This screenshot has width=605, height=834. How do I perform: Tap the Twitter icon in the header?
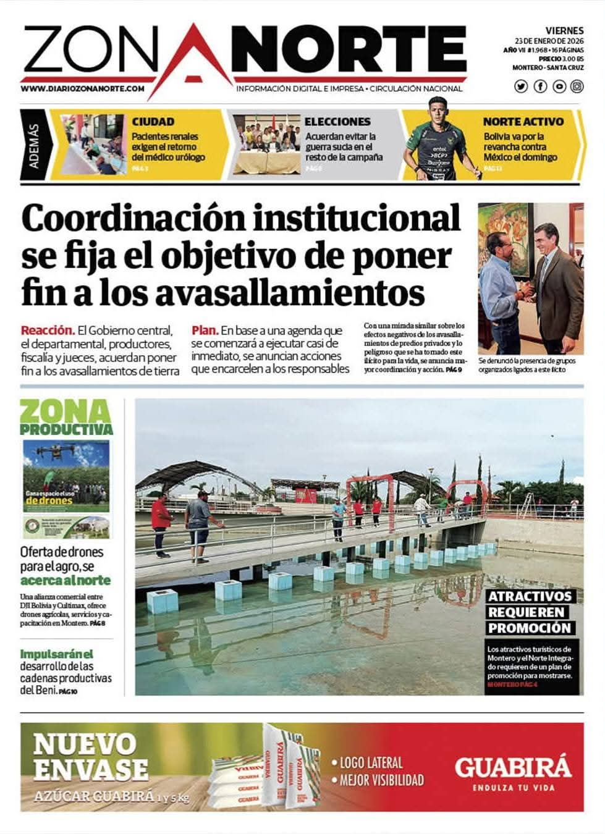point(521,86)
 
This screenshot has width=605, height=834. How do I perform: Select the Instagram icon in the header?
point(577,86)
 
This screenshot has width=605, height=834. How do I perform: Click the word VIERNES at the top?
point(564,30)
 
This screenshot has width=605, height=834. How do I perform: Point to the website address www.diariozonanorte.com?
point(82,88)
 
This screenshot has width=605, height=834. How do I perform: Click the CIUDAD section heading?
point(153,122)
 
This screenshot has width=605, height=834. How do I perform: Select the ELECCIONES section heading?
point(337,122)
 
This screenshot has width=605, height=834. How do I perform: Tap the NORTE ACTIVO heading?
point(523,122)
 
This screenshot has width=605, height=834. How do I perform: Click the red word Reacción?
point(48,331)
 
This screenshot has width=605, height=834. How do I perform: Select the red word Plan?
point(205,331)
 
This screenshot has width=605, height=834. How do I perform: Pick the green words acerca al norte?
point(66,580)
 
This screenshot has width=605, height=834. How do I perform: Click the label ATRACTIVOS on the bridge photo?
point(530,597)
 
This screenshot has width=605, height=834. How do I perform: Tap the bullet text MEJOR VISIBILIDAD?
point(381,780)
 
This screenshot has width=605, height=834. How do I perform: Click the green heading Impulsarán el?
point(56,654)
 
